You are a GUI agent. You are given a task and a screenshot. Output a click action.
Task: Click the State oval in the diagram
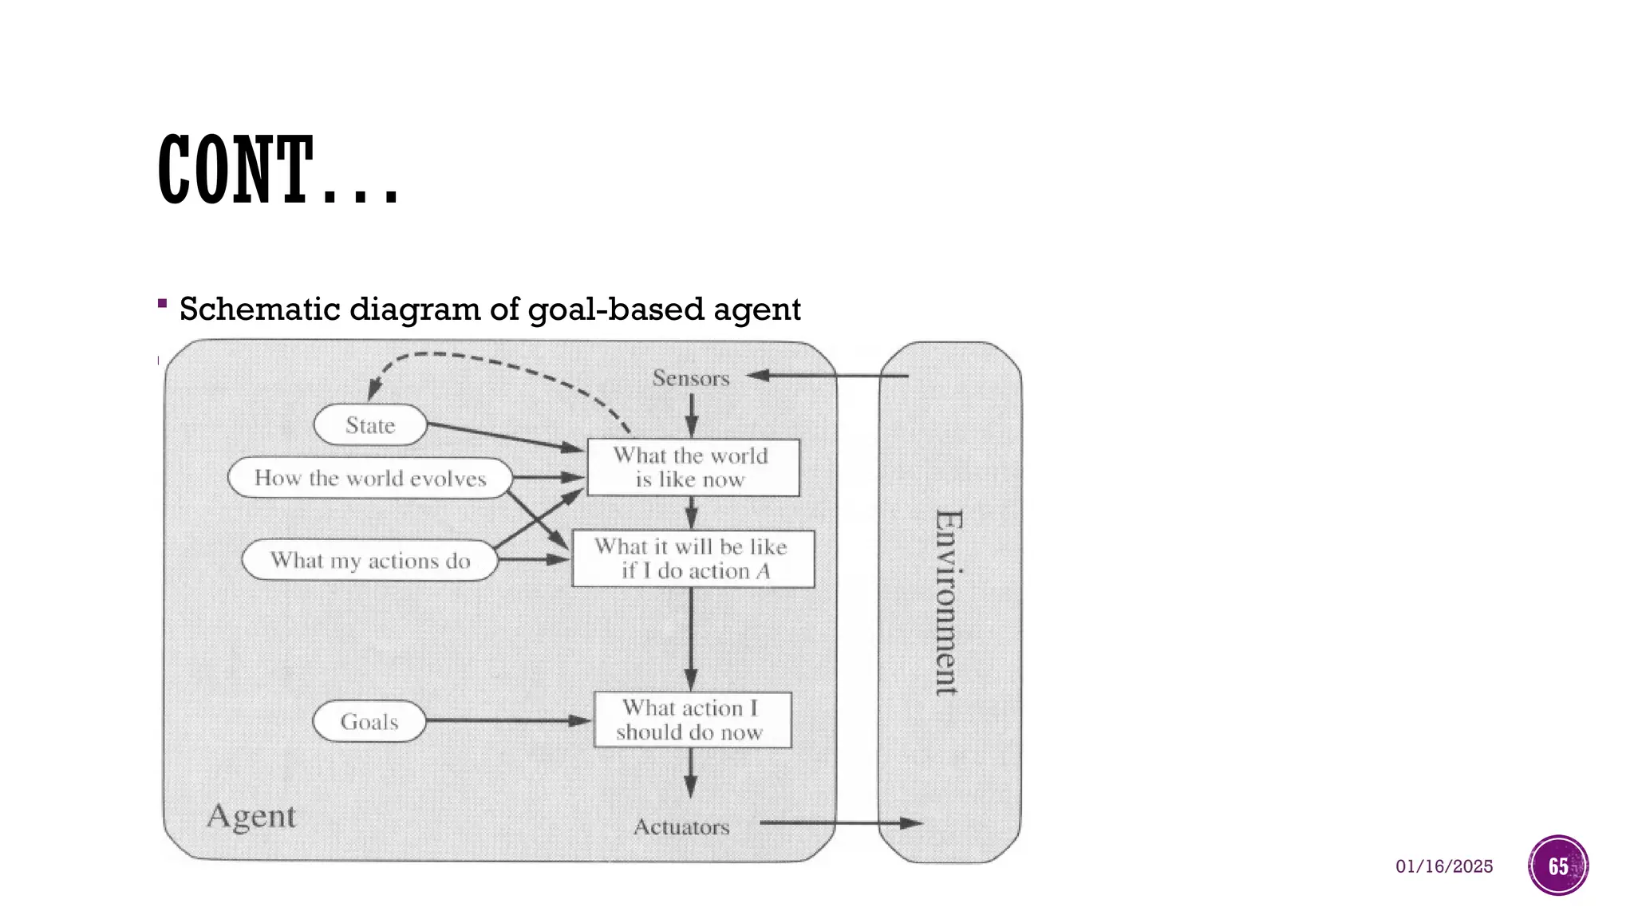[370, 425]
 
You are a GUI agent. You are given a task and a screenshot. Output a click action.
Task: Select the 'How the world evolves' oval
[370, 478]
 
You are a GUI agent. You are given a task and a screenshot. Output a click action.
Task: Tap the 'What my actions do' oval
[370, 560]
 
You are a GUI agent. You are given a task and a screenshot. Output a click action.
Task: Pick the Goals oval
[369, 722]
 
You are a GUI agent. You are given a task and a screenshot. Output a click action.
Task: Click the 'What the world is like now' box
[693, 467]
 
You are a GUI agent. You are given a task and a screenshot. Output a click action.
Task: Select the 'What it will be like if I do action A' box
[693, 559]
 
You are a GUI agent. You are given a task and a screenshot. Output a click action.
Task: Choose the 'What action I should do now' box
[692, 720]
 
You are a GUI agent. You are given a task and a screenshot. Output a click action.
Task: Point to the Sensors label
[691, 378]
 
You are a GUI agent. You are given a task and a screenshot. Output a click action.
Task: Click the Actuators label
[681, 827]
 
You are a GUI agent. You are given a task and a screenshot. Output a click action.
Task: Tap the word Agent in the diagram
[251, 816]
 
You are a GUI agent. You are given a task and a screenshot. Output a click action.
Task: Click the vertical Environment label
[948, 602]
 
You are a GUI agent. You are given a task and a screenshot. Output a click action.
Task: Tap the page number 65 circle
[1558, 866]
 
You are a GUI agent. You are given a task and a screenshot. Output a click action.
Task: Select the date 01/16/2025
[1444, 866]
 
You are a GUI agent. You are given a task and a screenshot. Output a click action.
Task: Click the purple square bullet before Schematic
[163, 303]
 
